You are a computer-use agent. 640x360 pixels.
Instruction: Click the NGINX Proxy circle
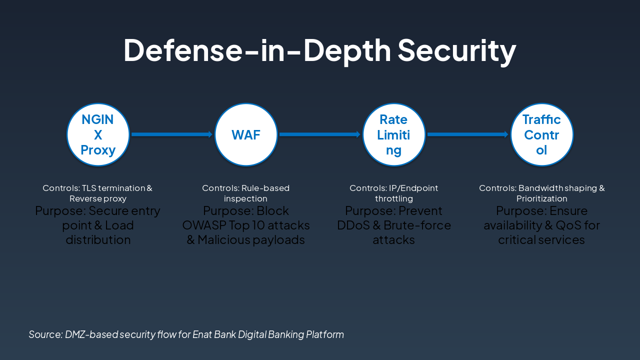[x=98, y=134]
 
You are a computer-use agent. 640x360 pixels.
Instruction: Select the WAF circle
[x=246, y=134]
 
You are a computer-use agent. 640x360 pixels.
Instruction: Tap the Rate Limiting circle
[x=393, y=134]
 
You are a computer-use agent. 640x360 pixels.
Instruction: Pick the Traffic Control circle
[x=541, y=134]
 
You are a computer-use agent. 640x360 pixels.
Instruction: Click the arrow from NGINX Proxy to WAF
[x=172, y=134]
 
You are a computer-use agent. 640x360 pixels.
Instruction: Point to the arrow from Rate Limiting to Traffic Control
[x=467, y=134]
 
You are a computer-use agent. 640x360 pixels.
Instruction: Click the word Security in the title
[x=456, y=50]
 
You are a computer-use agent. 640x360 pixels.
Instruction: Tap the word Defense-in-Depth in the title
[x=257, y=50]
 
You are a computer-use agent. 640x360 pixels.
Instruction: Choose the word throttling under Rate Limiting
[x=394, y=199]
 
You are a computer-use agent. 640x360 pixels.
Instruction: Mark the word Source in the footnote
[x=45, y=334]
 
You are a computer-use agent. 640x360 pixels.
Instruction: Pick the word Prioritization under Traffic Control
[x=541, y=199]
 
